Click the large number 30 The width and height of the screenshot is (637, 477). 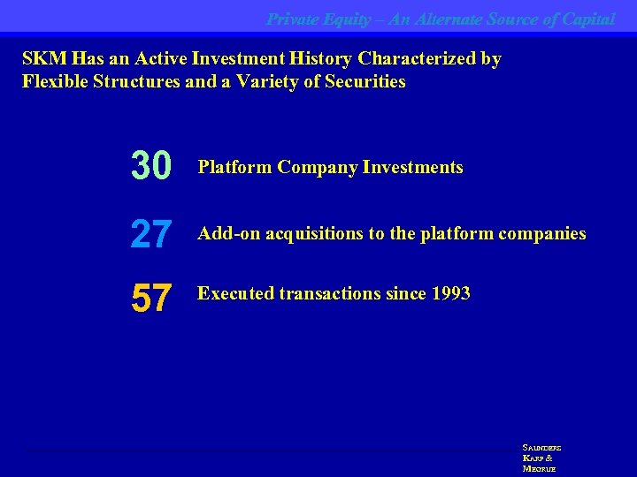click(x=151, y=166)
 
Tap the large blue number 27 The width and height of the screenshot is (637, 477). click(x=151, y=234)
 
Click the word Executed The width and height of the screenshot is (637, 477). click(x=234, y=293)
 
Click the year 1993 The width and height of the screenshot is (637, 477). click(x=449, y=293)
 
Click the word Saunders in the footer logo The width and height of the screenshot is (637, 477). click(x=541, y=448)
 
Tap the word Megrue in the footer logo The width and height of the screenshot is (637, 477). click(x=539, y=469)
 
